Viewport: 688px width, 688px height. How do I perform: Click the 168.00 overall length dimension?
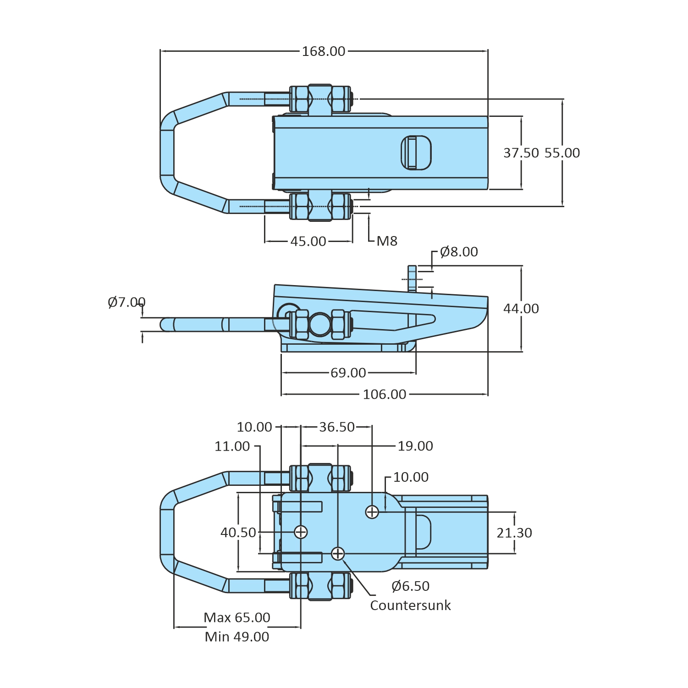pyautogui.click(x=323, y=51)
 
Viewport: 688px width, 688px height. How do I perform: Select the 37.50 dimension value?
pyautogui.click(x=521, y=153)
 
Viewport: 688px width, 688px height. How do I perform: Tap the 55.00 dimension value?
pyautogui.click(x=562, y=153)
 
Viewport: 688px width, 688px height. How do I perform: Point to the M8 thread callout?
pyautogui.click(x=387, y=241)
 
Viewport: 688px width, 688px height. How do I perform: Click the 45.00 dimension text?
pyautogui.click(x=308, y=241)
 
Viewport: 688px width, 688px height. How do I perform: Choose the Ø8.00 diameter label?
pyautogui.click(x=459, y=252)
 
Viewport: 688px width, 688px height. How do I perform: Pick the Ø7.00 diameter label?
pyautogui.click(x=127, y=302)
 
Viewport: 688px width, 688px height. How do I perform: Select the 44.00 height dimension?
pyautogui.click(x=521, y=308)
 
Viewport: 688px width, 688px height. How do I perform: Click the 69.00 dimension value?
pyautogui.click(x=348, y=373)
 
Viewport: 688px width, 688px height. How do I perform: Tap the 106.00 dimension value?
pyautogui.click(x=385, y=394)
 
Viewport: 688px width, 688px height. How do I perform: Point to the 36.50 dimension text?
pyautogui.click(x=337, y=427)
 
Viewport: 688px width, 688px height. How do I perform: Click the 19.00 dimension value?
pyautogui.click(x=415, y=446)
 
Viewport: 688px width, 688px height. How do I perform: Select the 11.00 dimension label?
pyautogui.click(x=232, y=446)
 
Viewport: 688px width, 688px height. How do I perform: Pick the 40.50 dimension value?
pyautogui.click(x=238, y=532)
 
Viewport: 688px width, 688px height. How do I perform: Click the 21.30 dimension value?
pyautogui.click(x=514, y=533)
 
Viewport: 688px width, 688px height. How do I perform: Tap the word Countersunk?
pyautogui.click(x=410, y=605)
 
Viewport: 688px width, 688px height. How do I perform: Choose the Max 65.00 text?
pyautogui.click(x=237, y=617)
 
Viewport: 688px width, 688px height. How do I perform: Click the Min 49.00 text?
pyautogui.click(x=237, y=637)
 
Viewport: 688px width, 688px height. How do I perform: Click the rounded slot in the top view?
pyautogui.click(x=416, y=153)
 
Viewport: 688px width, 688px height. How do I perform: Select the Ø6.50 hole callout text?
pyautogui.click(x=411, y=586)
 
